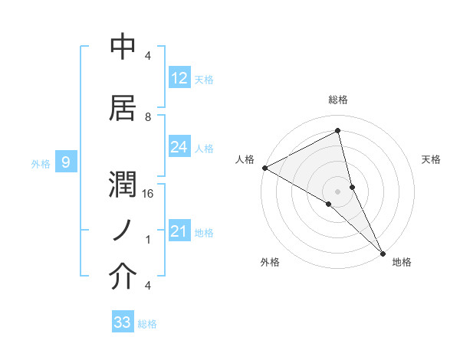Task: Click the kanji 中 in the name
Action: (x=123, y=47)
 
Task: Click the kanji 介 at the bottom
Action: (x=123, y=277)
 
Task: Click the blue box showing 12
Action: (x=179, y=78)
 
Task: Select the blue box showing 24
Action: (x=179, y=148)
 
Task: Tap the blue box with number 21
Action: (x=179, y=232)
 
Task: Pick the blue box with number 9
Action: (x=67, y=162)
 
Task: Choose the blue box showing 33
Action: (x=123, y=322)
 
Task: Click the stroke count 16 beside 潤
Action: (x=149, y=194)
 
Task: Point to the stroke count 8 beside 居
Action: (x=148, y=116)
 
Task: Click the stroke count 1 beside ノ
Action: (x=148, y=240)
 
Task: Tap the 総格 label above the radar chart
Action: (x=338, y=100)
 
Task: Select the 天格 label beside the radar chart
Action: (x=431, y=159)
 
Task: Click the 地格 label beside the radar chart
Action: (x=402, y=262)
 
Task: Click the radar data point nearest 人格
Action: (x=264, y=168)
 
